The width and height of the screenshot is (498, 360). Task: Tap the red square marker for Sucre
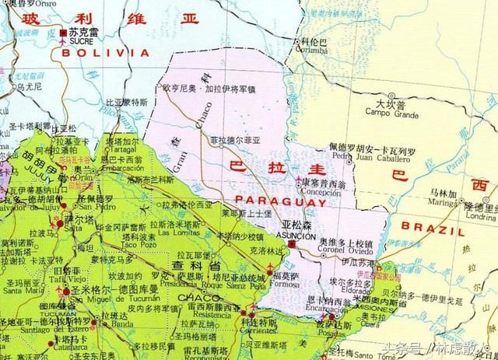point(63,33)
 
